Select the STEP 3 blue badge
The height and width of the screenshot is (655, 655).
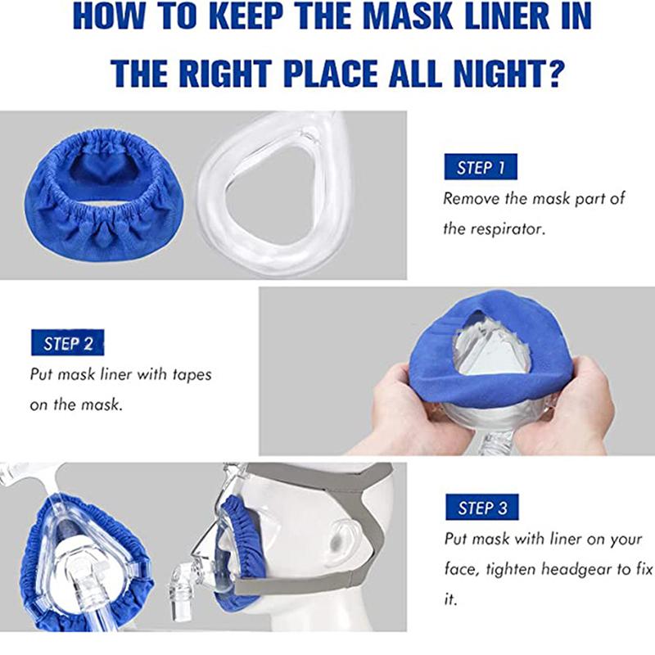click(x=481, y=508)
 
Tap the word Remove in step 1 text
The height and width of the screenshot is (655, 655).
click(x=470, y=198)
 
